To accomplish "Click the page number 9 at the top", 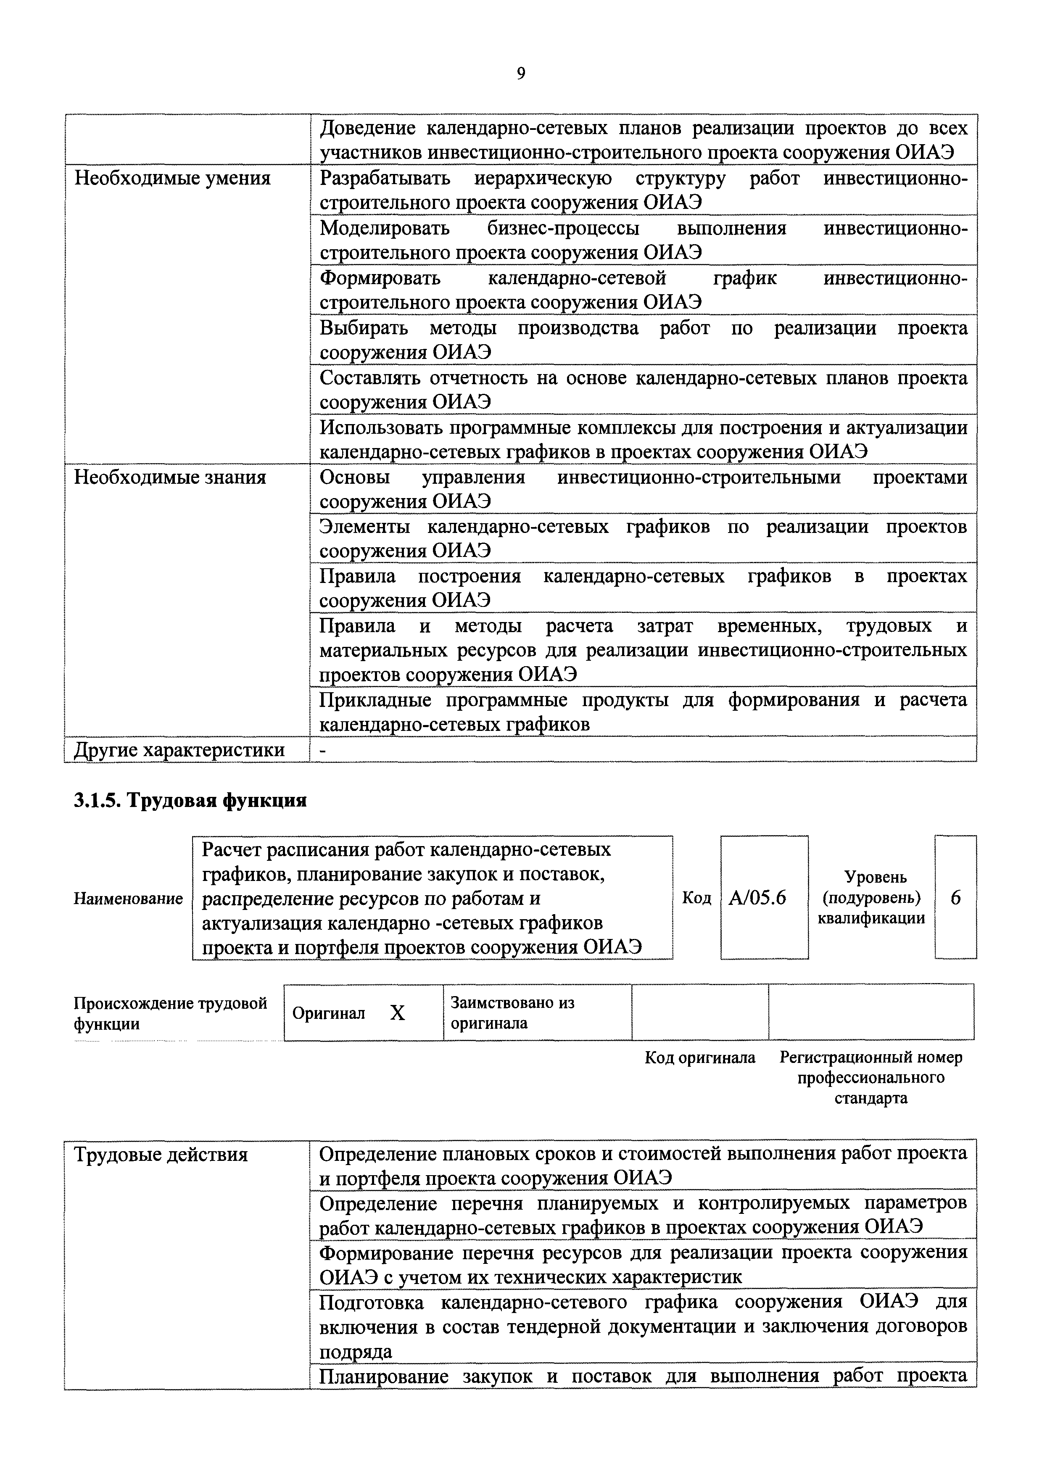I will (521, 74).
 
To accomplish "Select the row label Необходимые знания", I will (170, 477).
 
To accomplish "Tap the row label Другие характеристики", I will (180, 750).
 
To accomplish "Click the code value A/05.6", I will (757, 897).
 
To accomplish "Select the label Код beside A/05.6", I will (696, 897).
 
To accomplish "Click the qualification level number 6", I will (955, 897).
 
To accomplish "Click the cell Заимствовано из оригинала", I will (512, 1013).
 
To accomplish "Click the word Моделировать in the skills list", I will (385, 228).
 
